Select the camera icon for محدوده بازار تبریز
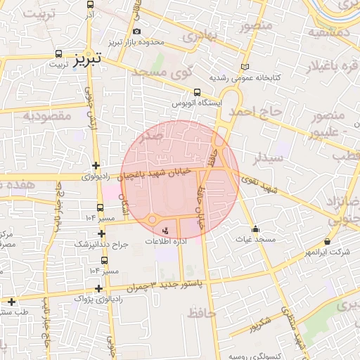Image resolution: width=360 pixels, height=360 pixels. click(x=136, y=31)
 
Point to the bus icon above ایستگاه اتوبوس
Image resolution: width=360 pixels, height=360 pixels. click(x=196, y=92)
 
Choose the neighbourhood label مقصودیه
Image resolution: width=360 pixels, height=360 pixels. click(x=48, y=115)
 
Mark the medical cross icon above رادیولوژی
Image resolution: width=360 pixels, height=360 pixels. click(x=96, y=165)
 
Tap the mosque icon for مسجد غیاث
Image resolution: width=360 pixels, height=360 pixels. click(x=255, y=229)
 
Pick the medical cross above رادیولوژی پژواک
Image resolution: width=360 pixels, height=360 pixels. click(x=98, y=288)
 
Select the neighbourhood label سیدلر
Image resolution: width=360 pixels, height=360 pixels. click(x=269, y=157)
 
